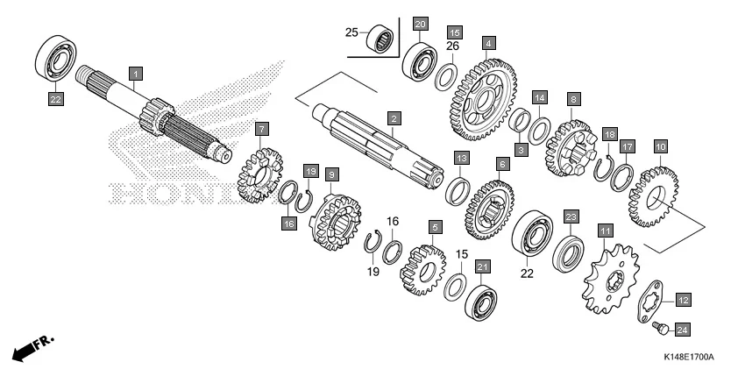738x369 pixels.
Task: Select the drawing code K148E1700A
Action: coord(688,358)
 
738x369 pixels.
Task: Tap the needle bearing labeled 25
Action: coord(380,38)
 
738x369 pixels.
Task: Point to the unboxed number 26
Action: coord(452,46)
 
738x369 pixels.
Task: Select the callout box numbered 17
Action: coord(627,146)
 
